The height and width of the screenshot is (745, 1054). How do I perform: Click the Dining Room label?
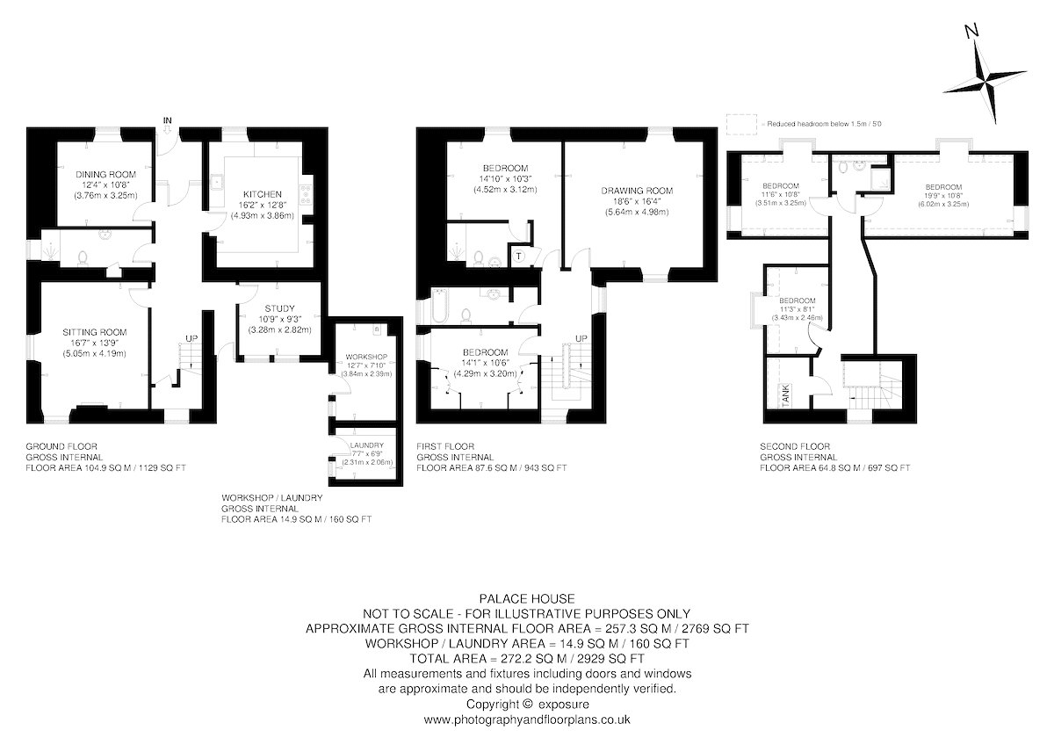click(x=105, y=174)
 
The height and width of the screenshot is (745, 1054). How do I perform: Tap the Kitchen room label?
click(x=262, y=194)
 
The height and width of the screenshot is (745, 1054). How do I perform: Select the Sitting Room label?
click(x=95, y=332)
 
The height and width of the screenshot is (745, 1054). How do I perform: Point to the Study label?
click(x=279, y=308)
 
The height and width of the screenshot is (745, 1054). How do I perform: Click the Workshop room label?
click(x=366, y=358)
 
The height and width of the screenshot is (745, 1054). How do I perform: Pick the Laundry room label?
click(x=367, y=445)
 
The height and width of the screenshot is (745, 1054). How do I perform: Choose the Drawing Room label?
click(x=637, y=191)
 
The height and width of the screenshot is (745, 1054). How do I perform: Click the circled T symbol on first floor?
click(x=518, y=256)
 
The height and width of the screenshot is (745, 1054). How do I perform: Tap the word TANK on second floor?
click(x=785, y=394)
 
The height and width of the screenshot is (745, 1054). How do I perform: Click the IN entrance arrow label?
click(x=167, y=120)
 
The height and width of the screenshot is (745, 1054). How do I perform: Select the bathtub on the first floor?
click(x=440, y=306)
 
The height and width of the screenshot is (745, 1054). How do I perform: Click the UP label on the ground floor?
click(x=191, y=339)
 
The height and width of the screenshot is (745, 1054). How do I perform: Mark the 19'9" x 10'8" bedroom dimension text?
click(x=943, y=196)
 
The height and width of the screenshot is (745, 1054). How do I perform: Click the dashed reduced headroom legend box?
click(x=741, y=125)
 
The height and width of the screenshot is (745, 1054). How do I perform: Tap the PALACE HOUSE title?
click(x=527, y=598)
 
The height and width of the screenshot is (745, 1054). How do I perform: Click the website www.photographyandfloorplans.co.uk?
click(x=527, y=720)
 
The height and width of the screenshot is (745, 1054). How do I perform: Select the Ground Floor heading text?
click(x=61, y=446)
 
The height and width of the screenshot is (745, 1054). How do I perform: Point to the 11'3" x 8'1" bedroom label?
click(x=798, y=309)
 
